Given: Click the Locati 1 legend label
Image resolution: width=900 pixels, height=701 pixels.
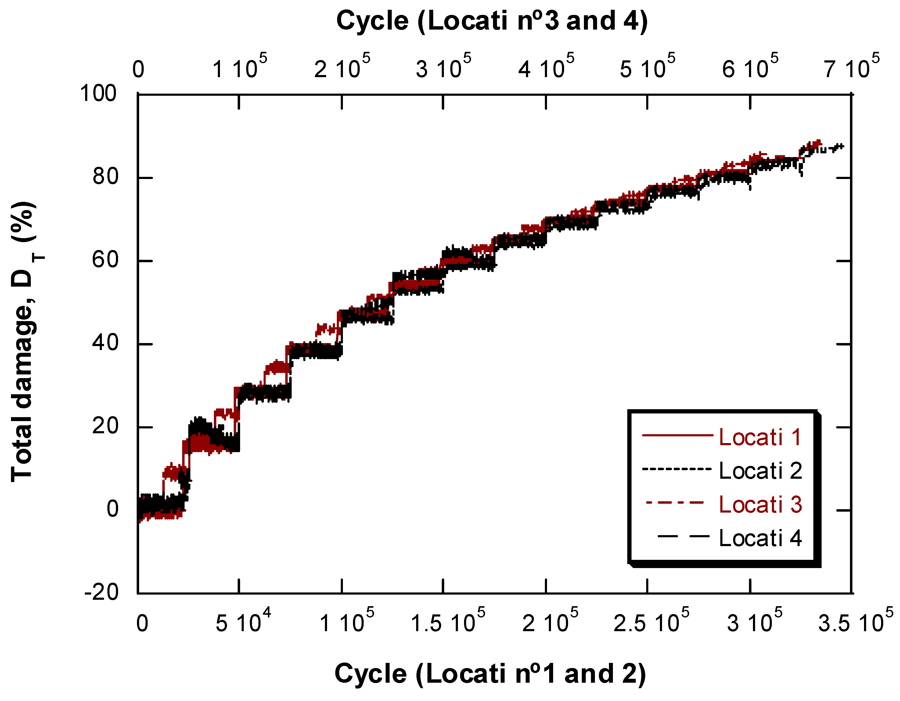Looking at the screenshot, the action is pos(760,438).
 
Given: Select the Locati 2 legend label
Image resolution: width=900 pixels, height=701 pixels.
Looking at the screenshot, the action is pos(760,471).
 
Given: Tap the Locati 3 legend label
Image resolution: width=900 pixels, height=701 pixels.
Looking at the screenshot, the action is pos(760,505).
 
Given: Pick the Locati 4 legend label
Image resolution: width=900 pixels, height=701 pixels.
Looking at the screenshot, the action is pos(760,538).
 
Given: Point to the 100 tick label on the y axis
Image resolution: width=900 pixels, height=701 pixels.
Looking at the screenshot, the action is pos(98,94).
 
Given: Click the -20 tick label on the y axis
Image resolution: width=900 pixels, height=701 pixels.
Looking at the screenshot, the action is pos(101,593).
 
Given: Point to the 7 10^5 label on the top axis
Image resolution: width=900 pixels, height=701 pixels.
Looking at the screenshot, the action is pos(851,67).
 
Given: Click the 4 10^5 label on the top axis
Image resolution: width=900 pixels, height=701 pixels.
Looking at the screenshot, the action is pos(546,67).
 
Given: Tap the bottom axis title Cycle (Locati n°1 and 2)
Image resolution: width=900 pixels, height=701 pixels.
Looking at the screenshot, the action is pos(490,674).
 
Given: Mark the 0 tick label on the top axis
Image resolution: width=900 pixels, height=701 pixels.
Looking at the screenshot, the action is pos(139,70).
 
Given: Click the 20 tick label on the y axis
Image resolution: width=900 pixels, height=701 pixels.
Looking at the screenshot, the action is pos(105,426).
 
